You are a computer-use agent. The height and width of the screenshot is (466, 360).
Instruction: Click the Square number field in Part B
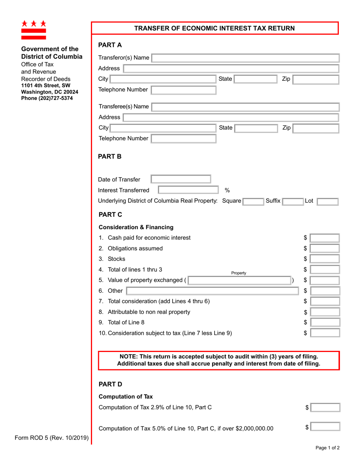tap(253, 201)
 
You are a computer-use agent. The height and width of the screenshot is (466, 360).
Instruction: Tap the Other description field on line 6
tap(212, 291)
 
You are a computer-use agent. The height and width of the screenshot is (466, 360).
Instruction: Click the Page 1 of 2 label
tap(328, 458)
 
